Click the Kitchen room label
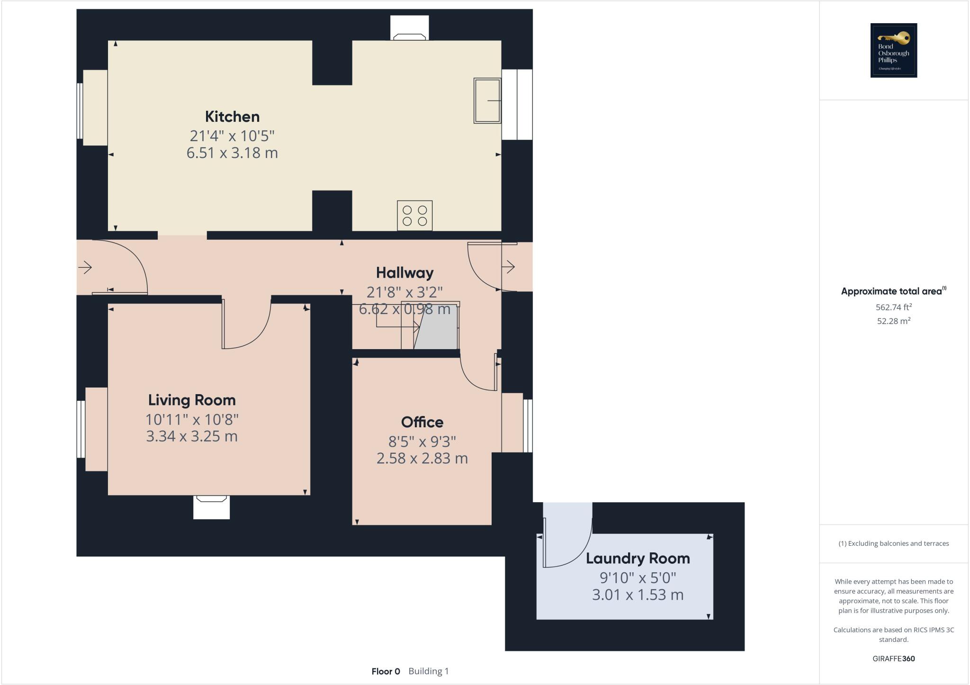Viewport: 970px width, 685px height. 232,117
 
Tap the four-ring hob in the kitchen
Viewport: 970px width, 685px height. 414,216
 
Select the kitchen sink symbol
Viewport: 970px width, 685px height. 487,100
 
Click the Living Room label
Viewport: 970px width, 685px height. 192,400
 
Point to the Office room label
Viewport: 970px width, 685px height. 422,422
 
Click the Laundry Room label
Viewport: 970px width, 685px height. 638,559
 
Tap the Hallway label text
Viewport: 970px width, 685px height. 404,273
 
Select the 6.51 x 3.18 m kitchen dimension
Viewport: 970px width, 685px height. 232,153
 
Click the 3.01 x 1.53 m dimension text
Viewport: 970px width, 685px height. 638,595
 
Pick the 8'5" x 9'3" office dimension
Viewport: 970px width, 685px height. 422,442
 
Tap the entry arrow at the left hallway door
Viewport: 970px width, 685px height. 85,268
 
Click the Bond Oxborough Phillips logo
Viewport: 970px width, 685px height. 893,50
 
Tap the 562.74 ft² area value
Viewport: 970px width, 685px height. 893,307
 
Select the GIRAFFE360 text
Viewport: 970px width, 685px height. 893,658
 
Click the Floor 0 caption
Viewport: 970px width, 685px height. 386,671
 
